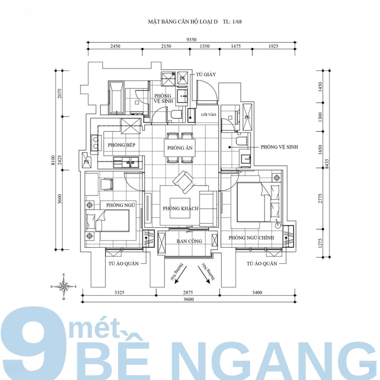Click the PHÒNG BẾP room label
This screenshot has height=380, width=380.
tap(121, 145)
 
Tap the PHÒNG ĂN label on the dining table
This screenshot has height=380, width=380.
tap(180, 148)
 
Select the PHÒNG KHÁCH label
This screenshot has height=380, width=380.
tap(180, 208)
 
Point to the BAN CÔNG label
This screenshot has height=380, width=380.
tap(189, 241)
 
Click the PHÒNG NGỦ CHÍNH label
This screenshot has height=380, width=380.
tap(251, 238)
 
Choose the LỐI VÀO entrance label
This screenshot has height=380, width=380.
tap(208, 115)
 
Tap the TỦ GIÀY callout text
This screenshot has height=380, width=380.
tap(206, 74)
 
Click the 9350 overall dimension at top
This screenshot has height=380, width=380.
tap(191, 39)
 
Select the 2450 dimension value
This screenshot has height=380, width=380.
tap(115, 46)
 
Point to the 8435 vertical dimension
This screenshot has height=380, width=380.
tap(327, 164)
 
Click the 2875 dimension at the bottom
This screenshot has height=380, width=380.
tap(188, 292)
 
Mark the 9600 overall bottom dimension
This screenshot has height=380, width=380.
tap(189, 299)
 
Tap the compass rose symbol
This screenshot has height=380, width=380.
tap(64, 287)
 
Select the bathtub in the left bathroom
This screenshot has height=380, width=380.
tap(117, 98)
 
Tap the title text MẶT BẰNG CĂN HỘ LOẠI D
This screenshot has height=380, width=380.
tap(183, 21)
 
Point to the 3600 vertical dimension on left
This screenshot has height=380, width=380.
tap(59, 199)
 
